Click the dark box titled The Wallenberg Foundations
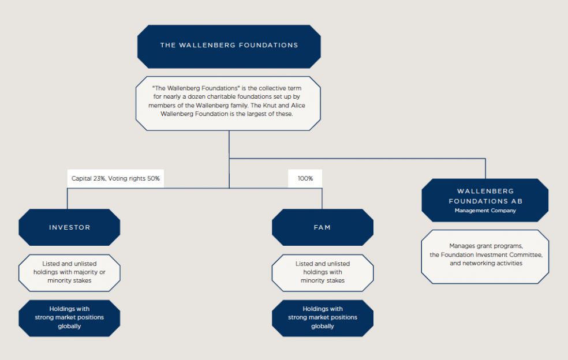point(229,46)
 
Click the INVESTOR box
point(69,227)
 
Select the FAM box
point(323,227)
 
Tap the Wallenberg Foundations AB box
point(485,200)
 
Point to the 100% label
point(305,178)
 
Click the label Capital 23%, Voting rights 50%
point(115,178)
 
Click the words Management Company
point(485,211)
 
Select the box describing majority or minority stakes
point(69,273)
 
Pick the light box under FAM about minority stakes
point(323,273)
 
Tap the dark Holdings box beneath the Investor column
point(69,318)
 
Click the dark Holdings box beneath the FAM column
point(323,318)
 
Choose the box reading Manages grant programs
point(485,256)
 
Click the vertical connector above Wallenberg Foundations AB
point(485,168)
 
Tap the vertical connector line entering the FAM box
point(322,198)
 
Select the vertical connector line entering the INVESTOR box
point(68,198)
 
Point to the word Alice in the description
point(298,106)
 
